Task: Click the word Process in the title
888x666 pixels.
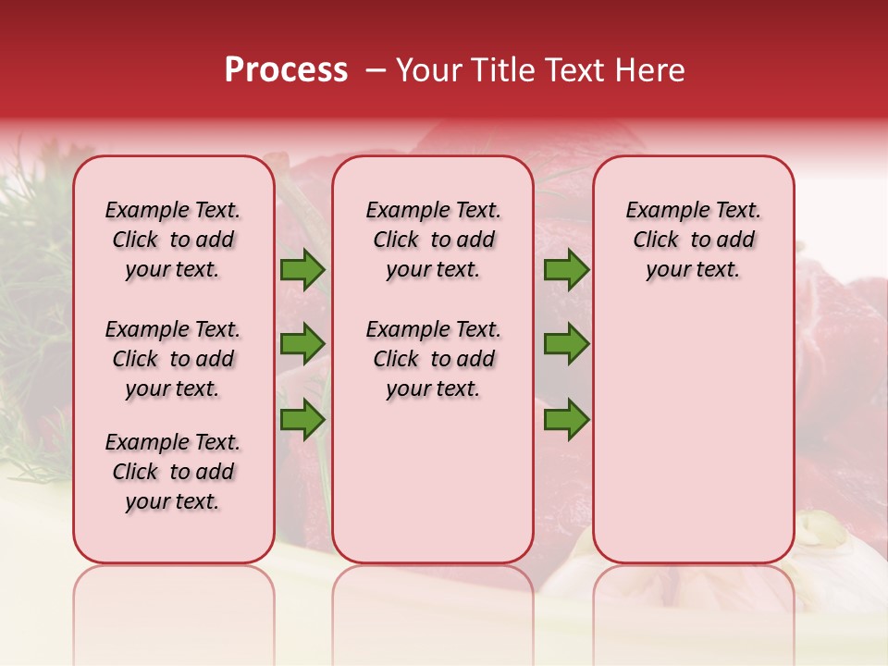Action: (285, 70)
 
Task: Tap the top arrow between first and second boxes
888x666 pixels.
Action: (302, 270)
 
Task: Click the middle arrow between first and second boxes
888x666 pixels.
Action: (302, 343)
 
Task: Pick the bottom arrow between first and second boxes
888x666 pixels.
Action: (302, 419)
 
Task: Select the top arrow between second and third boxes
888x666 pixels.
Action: (566, 270)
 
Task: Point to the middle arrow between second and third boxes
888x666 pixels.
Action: (566, 343)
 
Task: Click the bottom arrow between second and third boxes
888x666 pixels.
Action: (566, 419)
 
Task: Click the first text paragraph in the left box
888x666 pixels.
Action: (173, 240)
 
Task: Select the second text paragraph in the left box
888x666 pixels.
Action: (173, 359)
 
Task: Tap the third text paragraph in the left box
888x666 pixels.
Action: (173, 472)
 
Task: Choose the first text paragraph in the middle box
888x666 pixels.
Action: (433, 240)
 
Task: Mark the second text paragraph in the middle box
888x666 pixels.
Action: (433, 359)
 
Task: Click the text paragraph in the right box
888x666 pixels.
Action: (693, 240)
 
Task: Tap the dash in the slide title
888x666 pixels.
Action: (376, 71)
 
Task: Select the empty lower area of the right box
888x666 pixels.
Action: (693, 435)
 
